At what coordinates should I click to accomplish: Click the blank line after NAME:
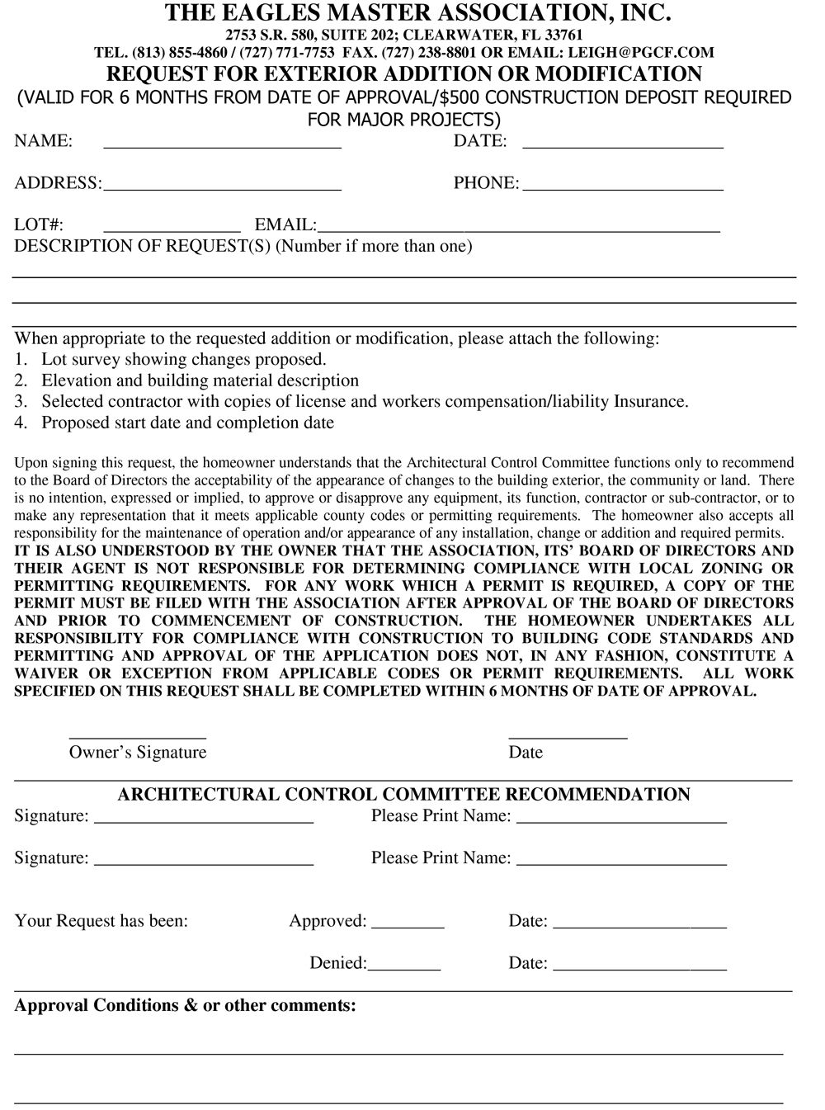tap(222, 146)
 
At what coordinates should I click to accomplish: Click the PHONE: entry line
tap(624, 188)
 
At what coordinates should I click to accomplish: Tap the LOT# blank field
tap(172, 229)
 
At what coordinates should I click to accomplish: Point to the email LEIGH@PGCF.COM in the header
tap(641, 52)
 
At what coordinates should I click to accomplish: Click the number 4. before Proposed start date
tap(21, 423)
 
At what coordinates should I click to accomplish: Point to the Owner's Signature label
tap(138, 752)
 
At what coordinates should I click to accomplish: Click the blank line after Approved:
tap(408, 928)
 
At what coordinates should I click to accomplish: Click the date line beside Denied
tap(639, 969)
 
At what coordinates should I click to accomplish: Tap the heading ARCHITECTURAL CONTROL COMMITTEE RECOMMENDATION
tap(403, 794)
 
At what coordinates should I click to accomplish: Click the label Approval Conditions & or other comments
tap(186, 1005)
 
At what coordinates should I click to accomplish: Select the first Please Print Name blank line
tap(626, 822)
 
